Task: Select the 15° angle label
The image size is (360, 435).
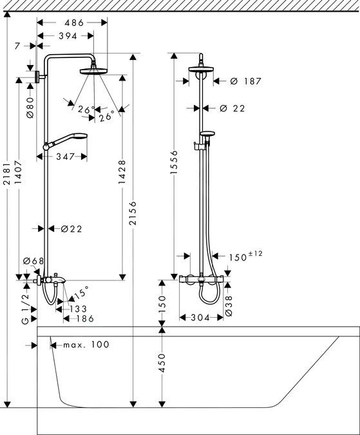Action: click(x=81, y=293)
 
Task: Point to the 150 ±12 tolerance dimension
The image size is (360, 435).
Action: click(x=245, y=256)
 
